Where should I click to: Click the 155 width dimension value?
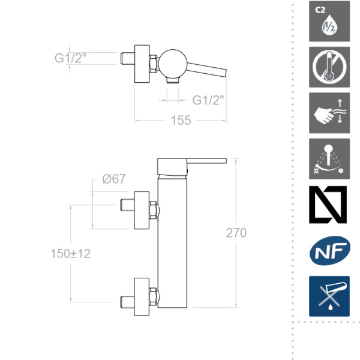click(x=180, y=120)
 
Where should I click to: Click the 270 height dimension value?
click(x=236, y=233)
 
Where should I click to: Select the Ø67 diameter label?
click(x=113, y=179)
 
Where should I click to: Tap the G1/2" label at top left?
click(x=71, y=58)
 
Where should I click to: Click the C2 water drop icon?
click(x=329, y=22)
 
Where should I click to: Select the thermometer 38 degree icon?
click(x=329, y=66)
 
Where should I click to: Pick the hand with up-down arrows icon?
click(x=329, y=112)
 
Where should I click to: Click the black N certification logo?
click(x=329, y=205)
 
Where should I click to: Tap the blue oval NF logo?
click(x=329, y=251)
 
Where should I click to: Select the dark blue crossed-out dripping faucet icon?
click(x=329, y=296)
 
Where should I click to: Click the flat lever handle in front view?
click(x=204, y=161)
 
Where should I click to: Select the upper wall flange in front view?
click(x=142, y=211)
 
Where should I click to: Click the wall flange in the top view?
click(x=142, y=62)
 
